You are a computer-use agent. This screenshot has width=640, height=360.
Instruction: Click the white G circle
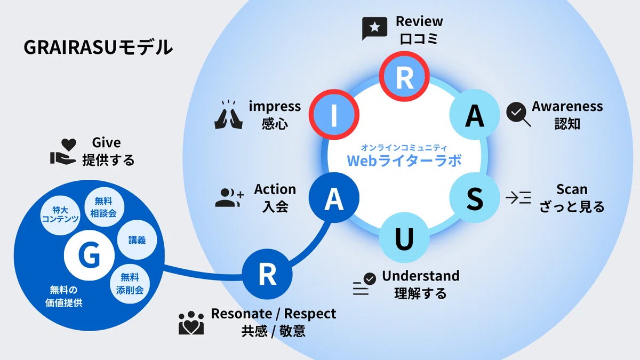click(x=89, y=255)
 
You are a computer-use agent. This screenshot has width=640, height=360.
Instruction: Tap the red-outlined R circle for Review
click(x=404, y=76)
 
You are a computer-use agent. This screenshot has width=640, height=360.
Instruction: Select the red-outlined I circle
click(x=334, y=115)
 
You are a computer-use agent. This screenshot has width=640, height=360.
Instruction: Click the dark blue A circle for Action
click(x=334, y=197)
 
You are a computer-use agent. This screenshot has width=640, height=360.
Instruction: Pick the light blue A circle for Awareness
click(x=475, y=115)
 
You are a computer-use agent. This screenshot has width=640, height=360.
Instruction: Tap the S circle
click(x=475, y=197)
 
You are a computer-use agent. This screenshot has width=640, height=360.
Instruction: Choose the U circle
click(x=404, y=238)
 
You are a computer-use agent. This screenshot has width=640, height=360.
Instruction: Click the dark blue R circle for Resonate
click(x=267, y=274)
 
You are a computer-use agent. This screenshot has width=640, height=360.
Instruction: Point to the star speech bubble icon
click(x=374, y=28)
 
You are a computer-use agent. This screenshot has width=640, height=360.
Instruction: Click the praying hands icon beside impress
click(x=229, y=115)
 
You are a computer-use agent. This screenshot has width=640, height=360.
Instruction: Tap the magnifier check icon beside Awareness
click(x=518, y=114)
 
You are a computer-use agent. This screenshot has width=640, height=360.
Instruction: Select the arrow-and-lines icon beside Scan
click(x=518, y=197)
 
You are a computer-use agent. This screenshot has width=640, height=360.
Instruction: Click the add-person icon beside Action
click(x=229, y=197)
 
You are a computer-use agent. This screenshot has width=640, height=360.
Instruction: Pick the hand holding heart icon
click(x=63, y=151)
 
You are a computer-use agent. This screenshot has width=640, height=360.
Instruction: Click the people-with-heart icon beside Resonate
click(x=191, y=323)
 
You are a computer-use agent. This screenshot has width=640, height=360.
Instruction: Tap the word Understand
click(x=421, y=276)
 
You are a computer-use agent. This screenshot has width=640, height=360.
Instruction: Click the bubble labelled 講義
click(x=137, y=240)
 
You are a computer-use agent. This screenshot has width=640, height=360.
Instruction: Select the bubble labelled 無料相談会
click(x=104, y=207)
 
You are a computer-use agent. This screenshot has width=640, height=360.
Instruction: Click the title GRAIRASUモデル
click(x=98, y=47)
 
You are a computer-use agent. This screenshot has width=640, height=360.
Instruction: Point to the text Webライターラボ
click(x=404, y=161)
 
